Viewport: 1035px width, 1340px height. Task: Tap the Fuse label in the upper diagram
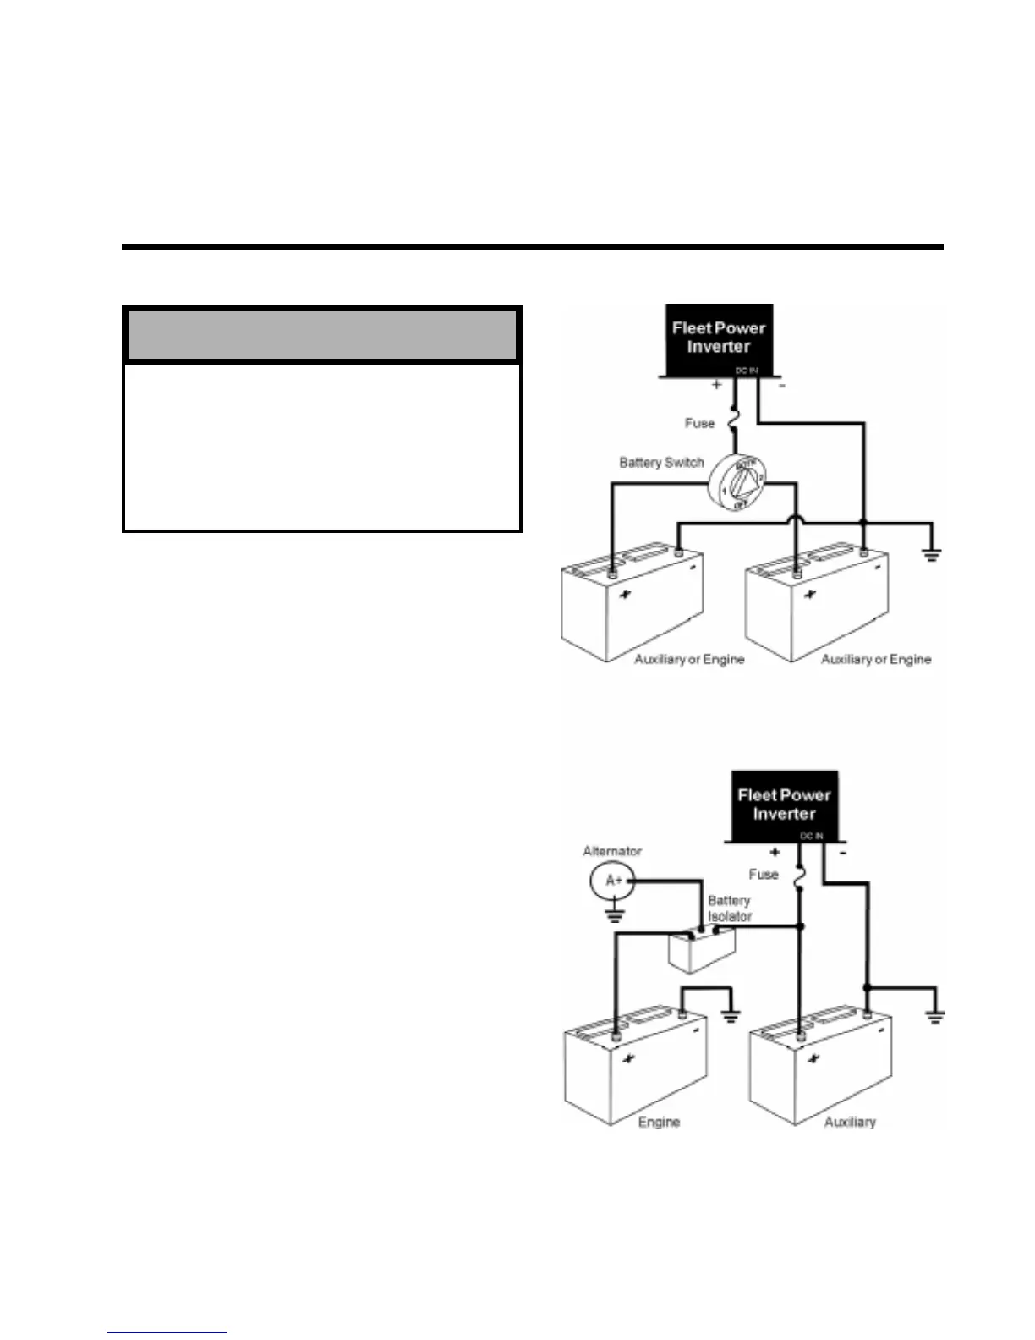(x=699, y=423)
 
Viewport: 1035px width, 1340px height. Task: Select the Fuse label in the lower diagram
(x=763, y=874)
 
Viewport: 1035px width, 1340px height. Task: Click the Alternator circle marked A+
(x=612, y=881)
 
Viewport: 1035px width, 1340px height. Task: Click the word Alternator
(x=612, y=851)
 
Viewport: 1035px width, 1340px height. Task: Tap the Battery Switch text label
(x=661, y=463)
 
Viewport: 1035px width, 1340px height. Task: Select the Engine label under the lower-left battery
(x=659, y=1122)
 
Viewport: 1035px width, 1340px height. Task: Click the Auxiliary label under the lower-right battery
(x=850, y=1122)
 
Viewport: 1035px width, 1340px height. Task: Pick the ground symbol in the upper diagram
(x=931, y=555)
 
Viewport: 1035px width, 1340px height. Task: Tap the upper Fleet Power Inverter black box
(x=719, y=340)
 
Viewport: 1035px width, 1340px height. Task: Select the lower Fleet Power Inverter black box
(x=784, y=805)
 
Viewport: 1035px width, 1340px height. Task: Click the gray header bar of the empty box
(x=321, y=335)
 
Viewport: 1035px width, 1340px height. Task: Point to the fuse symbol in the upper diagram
(x=733, y=421)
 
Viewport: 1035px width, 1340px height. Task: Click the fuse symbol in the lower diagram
(x=799, y=878)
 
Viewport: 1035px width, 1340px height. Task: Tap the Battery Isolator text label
(x=729, y=909)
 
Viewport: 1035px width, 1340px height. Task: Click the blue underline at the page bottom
(x=167, y=1332)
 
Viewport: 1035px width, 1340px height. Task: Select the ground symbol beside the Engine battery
(x=731, y=1017)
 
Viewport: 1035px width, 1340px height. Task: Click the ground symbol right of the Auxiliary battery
(x=935, y=1017)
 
